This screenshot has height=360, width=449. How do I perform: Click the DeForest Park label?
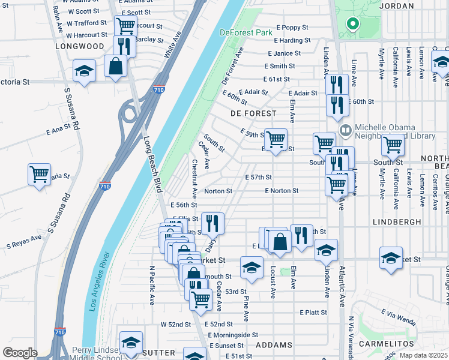click(x=246, y=32)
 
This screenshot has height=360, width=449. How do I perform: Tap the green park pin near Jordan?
click(x=352, y=25)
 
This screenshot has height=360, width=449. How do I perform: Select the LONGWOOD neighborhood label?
click(x=80, y=46)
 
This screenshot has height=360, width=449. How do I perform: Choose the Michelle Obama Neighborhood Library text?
click(x=394, y=131)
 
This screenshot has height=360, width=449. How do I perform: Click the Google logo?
click(x=20, y=352)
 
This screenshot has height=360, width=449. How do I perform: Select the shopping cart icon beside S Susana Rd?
click(x=39, y=174)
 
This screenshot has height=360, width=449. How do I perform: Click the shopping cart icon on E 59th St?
click(x=276, y=139)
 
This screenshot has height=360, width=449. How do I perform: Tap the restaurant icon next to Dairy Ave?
click(x=212, y=223)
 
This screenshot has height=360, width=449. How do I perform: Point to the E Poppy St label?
click(x=292, y=28)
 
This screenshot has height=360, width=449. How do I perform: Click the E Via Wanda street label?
click(x=398, y=312)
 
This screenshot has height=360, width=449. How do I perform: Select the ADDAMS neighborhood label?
click(x=274, y=345)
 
